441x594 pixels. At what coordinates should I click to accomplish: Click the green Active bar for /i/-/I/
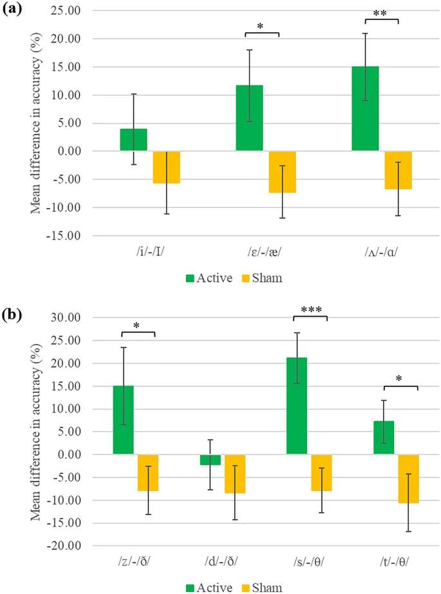pos(133,140)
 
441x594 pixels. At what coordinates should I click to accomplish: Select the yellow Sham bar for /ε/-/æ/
pos(282,172)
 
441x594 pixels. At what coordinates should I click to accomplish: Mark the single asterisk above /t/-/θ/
pos(400,379)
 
